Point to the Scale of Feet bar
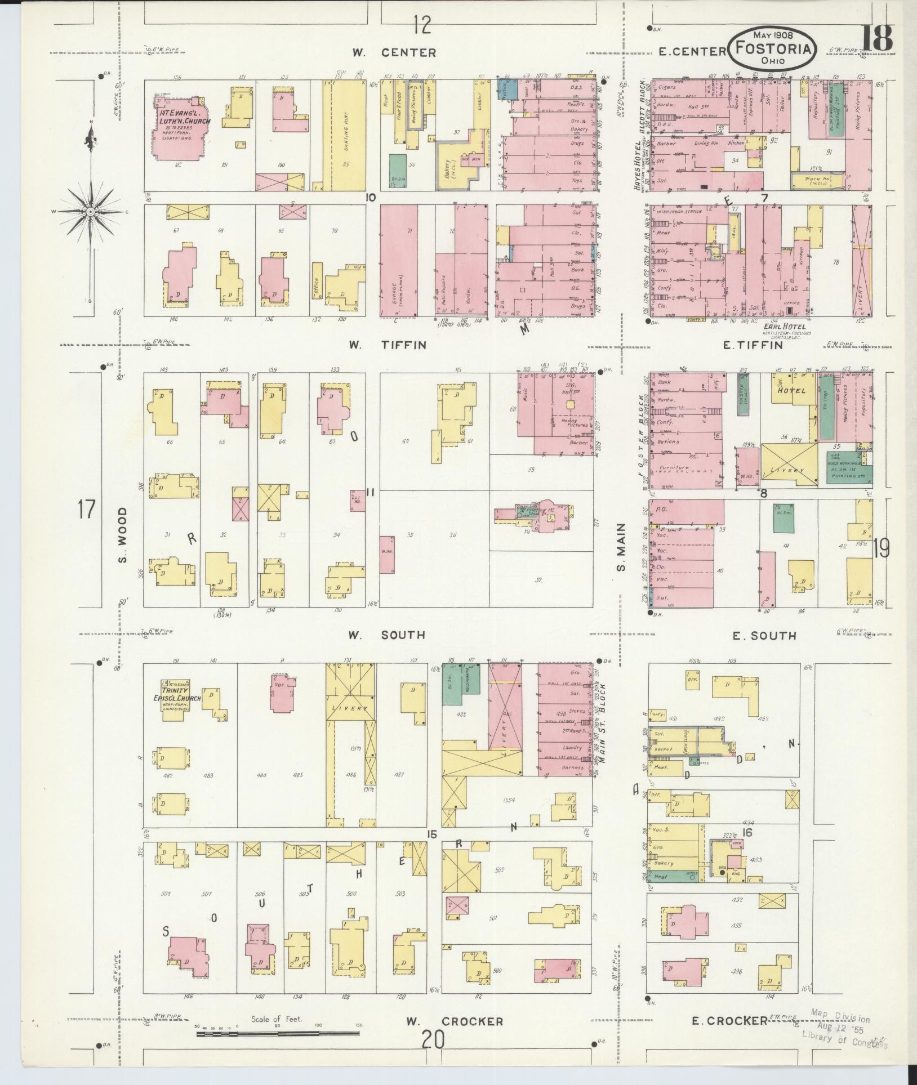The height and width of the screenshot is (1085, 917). click(279, 1034)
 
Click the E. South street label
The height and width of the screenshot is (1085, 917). click(764, 636)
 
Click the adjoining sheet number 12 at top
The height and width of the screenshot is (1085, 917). click(421, 25)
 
